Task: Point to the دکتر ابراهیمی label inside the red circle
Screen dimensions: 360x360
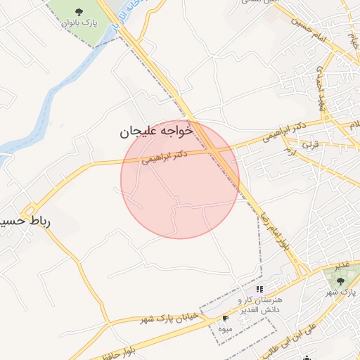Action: pos(165,156)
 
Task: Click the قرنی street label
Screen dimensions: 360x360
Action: pos(310,143)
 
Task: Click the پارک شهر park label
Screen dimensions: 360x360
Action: pos(345,292)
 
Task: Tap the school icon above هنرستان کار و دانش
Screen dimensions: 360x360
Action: pos(259,288)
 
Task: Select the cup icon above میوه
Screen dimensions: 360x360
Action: pos(225,319)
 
